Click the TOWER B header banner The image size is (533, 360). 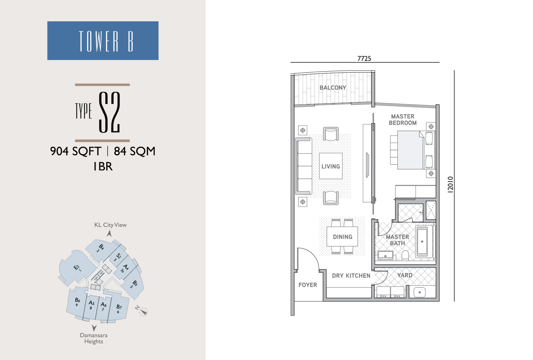(x=103, y=40)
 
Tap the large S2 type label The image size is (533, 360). (x=110, y=112)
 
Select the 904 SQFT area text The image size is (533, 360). (x=76, y=151)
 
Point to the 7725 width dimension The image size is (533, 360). (x=364, y=59)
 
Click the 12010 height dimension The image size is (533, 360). (x=450, y=185)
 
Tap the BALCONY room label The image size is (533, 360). (x=333, y=88)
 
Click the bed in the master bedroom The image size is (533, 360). (x=413, y=150)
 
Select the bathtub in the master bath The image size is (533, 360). (x=422, y=241)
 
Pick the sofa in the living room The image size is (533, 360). (x=303, y=166)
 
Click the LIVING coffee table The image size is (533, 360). (x=331, y=166)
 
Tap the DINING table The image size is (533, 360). (x=342, y=236)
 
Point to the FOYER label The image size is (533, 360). (x=308, y=285)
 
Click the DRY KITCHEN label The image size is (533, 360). (x=351, y=276)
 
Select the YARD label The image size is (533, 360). (x=405, y=275)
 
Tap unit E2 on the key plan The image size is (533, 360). (x=77, y=268)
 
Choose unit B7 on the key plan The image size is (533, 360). (x=119, y=308)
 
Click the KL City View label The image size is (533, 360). (x=110, y=225)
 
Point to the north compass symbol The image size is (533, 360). (x=143, y=311)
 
